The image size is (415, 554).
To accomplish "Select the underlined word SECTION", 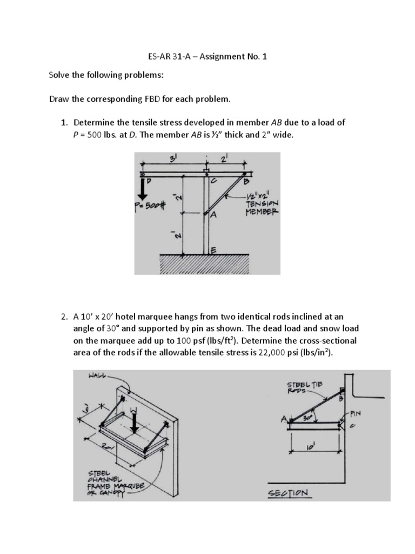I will point(290,493).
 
